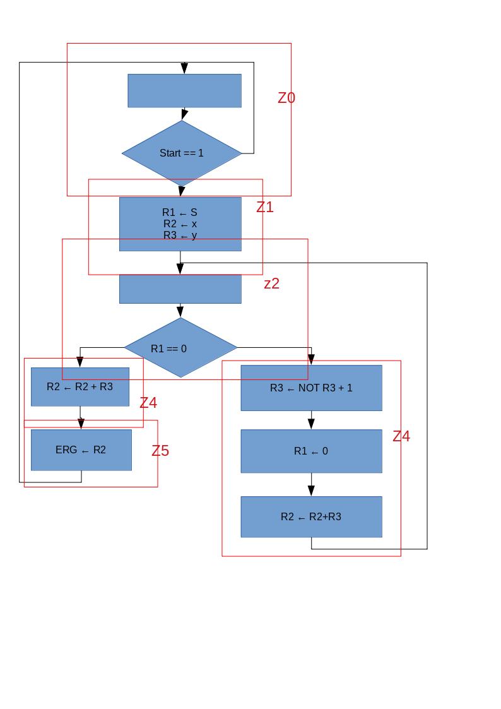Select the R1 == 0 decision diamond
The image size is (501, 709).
point(181,348)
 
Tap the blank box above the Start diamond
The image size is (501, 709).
point(184,90)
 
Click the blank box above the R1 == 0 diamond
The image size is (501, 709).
point(180,289)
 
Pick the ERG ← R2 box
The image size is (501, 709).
point(81,450)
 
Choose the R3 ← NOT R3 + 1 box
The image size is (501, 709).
point(311,388)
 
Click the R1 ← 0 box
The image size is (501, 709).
point(311,451)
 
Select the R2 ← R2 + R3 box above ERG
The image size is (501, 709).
point(80,386)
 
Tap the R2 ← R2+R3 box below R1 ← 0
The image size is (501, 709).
point(311,516)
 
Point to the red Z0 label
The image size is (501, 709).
point(286,98)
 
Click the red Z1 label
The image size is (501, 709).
point(265,207)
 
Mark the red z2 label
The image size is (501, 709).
point(271,283)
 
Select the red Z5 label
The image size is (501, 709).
point(160,451)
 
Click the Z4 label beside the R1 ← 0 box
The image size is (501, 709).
point(401,436)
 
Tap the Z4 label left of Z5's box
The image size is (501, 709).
point(148,403)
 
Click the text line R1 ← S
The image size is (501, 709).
point(180,213)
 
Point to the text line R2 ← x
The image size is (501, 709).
point(180,224)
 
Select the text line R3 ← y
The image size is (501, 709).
point(180,235)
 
